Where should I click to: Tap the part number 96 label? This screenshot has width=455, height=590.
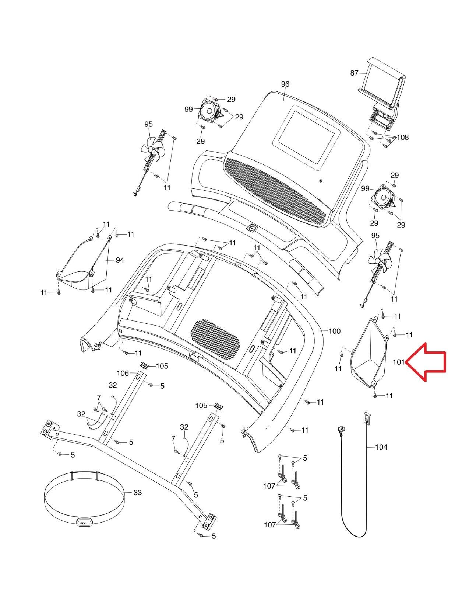tap(285, 84)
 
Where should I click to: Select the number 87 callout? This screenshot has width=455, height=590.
tap(354, 73)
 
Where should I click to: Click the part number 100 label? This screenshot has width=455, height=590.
tap(334, 331)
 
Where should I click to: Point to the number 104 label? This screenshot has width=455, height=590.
tap(381, 447)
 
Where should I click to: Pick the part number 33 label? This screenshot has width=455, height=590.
tap(137, 493)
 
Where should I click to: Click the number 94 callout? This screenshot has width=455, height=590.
tap(120, 260)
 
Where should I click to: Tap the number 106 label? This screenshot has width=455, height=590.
tap(123, 373)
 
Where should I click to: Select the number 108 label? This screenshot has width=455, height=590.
tap(403, 137)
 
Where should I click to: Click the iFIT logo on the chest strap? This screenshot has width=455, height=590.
tap(83, 523)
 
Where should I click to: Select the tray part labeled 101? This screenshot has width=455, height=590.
tap(368, 354)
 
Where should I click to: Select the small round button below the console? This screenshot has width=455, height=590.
tap(252, 228)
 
